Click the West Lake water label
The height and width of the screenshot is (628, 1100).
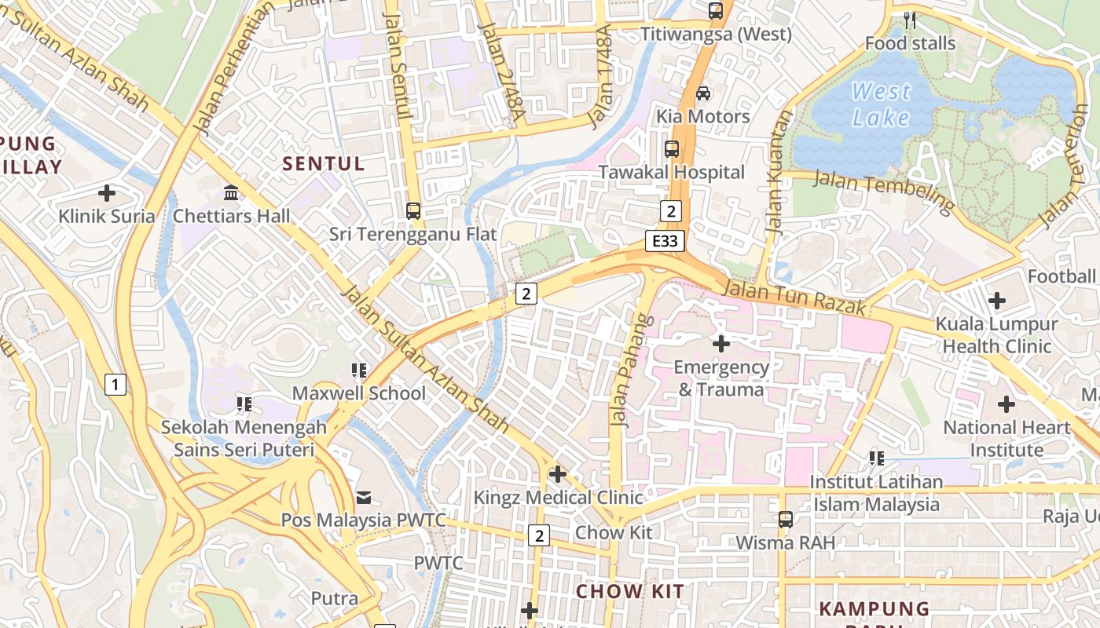[x=881, y=104]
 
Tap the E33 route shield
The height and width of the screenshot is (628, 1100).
[x=664, y=241]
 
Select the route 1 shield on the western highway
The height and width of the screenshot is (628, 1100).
[x=115, y=385]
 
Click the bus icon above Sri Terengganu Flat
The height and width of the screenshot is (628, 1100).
[x=413, y=210]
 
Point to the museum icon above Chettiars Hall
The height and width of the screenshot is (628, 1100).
[x=231, y=192]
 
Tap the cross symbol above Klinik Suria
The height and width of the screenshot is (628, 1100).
[x=107, y=192]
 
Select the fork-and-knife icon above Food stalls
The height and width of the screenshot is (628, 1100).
[x=910, y=20]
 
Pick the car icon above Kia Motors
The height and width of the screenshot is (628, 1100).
[x=703, y=93]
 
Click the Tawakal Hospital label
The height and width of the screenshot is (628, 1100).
[x=672, y=172]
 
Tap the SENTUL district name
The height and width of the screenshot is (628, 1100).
[x=324, y=163]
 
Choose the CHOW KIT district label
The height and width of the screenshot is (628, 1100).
[x=630, y=591]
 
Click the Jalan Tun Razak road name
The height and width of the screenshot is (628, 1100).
[x=794, y=298]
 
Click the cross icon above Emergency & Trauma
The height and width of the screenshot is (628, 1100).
[x=720, y=343]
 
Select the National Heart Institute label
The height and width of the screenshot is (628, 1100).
[x=1006, y=439]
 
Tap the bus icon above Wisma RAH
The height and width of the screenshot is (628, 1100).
[x=785, y=519]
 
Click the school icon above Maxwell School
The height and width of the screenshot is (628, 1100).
[x=360, y=370]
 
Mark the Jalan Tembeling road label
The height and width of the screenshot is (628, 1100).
[x=883, y=191]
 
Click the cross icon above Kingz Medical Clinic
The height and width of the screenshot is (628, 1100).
[x=558, y=474]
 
